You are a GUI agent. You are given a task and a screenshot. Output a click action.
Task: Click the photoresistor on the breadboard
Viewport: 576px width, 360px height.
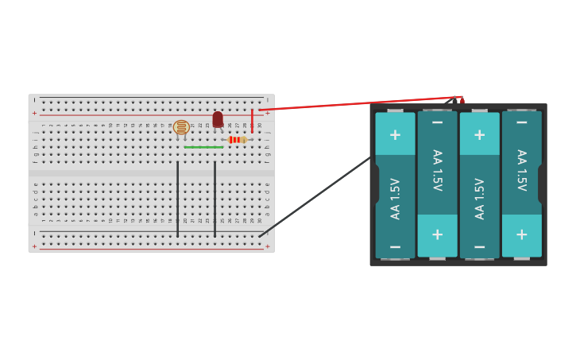coord(181,127)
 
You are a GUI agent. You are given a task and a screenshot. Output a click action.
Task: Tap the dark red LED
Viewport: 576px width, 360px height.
coord(218,119)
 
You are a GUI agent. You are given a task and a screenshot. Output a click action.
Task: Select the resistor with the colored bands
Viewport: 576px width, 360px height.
coord(236,140)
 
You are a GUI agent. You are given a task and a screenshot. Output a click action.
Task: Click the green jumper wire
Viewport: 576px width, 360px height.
coord(203,147)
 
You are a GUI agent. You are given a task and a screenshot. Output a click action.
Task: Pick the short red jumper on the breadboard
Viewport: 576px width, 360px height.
coord(253,121)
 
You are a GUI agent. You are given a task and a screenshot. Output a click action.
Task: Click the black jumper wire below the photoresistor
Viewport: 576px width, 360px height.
coord(177,199)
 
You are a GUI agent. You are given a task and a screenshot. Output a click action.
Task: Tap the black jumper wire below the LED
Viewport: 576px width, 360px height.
coord(215,199)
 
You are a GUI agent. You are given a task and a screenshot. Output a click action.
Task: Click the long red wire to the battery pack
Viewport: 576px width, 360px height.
coord(358,103)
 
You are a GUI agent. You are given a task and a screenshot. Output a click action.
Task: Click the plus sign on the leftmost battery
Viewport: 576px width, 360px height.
coord(395,134)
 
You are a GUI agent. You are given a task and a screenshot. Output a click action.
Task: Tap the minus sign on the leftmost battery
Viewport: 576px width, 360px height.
coord(395,247)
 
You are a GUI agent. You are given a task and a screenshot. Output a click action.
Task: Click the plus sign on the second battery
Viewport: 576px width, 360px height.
coord(437,235)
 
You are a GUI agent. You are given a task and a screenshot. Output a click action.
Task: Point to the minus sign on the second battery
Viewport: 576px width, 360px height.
coord(437,122)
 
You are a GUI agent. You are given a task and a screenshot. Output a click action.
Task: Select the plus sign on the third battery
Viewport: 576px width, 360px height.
coord(479,134)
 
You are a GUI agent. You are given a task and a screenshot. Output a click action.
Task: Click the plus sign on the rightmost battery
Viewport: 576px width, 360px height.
coord(521,234)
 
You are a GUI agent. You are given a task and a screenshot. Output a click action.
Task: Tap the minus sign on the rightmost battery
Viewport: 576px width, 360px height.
coord(521,122)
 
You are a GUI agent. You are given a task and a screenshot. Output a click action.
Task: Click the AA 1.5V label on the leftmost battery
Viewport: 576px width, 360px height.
coord(395,199)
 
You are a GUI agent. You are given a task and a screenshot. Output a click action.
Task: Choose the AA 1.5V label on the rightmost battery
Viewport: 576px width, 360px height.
coord(521,170)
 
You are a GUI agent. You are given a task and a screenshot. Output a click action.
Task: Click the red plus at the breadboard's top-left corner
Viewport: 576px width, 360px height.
coord(34,113)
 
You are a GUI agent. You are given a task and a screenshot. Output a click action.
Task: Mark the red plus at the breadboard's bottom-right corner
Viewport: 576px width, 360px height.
coord(267,246)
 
